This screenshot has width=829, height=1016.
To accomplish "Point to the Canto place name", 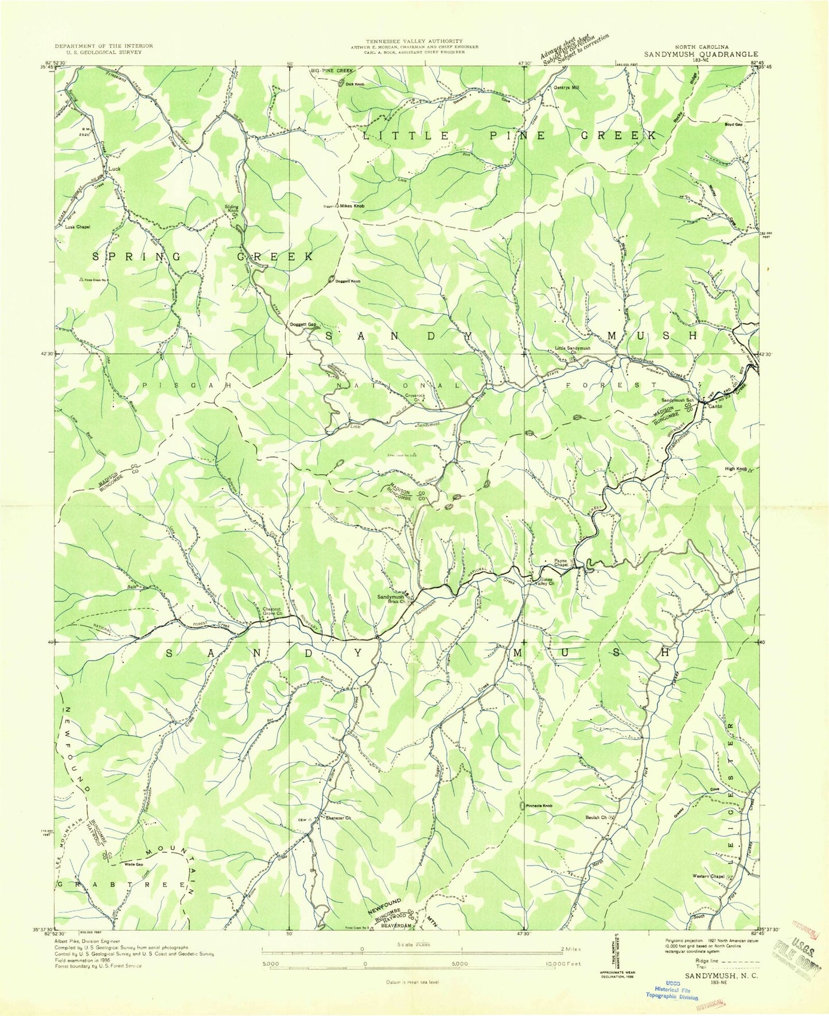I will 715,406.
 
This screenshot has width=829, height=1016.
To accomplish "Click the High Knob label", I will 735,469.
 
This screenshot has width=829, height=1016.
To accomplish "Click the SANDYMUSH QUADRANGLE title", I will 700,55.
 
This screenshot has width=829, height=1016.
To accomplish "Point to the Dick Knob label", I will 355,84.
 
